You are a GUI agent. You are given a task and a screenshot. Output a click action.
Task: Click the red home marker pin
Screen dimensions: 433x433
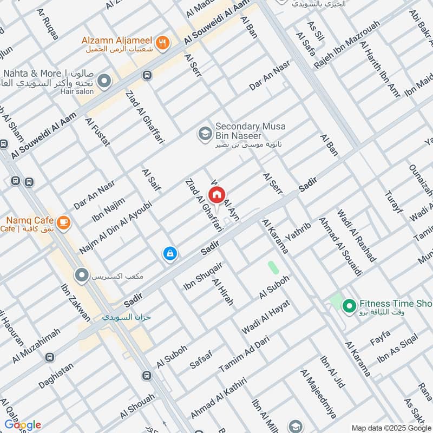point(217,195)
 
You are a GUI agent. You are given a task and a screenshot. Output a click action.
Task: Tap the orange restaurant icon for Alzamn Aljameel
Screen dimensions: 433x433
point(161,42)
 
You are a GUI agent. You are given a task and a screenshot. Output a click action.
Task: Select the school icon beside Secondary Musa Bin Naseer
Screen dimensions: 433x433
point(205,133)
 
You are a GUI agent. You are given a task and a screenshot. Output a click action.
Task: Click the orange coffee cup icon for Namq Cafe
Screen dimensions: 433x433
point(63,222)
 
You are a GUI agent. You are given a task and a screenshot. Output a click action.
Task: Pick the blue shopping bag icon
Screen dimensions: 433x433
point(170,253)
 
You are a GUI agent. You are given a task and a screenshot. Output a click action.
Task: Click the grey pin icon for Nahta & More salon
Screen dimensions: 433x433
point(104,82)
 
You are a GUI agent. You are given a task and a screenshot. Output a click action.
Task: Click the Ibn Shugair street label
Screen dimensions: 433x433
point(203,276)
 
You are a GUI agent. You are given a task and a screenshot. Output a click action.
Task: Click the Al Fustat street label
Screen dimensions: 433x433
point(97,132)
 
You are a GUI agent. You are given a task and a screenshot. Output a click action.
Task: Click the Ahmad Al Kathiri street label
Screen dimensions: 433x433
point(218,398)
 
